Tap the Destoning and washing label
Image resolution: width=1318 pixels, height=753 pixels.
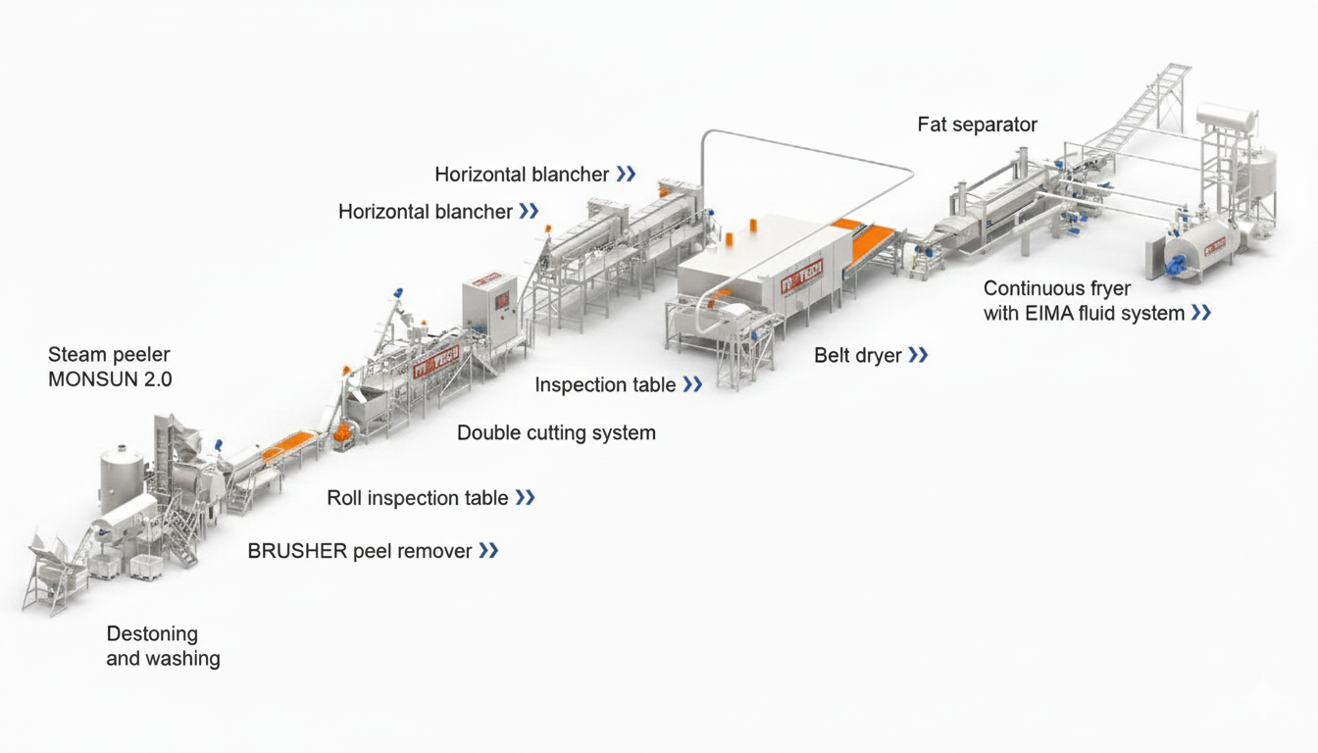click(x=163, y=646)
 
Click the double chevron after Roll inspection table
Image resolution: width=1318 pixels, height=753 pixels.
click(x=525, y=498)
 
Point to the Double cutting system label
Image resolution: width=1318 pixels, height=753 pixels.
click(x=556, y=432)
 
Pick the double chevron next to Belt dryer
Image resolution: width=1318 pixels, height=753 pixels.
click(x=918, y=355)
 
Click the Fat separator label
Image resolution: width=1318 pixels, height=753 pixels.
click(x=977, y=125)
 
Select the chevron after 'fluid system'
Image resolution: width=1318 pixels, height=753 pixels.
click(x=1200, y=314)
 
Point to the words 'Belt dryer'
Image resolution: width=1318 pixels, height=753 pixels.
click(x=857, y=355)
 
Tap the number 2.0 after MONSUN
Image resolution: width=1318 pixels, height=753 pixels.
click(x=155, y=379)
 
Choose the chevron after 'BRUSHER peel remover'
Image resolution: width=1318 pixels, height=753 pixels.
click(x=488, y=551)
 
